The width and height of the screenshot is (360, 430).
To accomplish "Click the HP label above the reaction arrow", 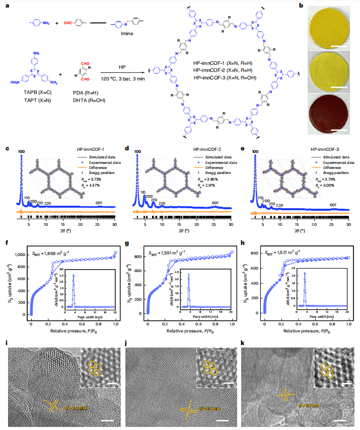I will point(122,67).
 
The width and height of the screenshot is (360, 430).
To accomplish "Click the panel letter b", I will point(301,5).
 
